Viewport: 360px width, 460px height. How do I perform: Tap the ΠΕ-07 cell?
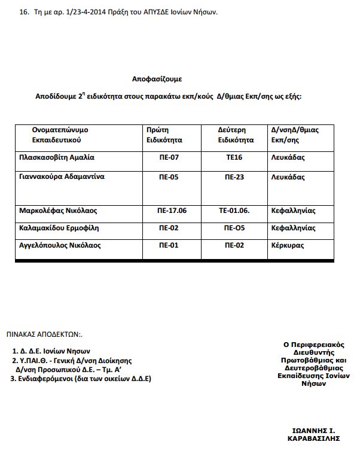click(170, 158)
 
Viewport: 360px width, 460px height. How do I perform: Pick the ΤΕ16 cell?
click(233, 158)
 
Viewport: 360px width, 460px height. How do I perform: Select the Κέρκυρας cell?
click(287, 245)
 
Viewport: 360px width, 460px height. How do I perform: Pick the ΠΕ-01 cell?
click(170, 245)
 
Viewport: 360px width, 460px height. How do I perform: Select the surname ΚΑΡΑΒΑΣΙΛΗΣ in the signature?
click(314, 438)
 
